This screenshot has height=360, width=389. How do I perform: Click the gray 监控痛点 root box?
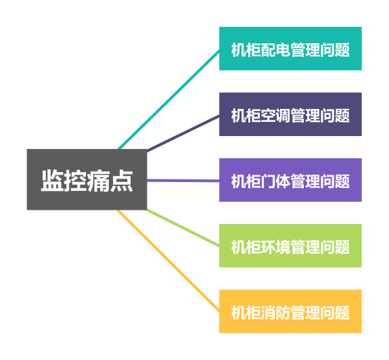87,179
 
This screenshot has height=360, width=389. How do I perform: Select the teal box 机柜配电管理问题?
290,49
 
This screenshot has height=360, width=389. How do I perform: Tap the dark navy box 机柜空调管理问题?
290,114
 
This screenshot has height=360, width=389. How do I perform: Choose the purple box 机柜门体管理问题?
290,180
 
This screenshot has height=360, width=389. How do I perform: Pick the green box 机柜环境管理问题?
290,246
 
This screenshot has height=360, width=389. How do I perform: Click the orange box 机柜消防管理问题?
290,311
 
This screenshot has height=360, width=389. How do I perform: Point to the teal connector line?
168,99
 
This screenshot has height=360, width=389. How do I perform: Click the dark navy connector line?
183,133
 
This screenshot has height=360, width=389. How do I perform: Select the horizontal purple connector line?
183,181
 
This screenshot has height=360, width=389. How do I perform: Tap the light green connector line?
183,228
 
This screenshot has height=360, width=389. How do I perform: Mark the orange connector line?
168,261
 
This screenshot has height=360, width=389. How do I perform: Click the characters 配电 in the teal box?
275,50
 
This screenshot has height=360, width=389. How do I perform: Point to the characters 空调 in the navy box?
275,116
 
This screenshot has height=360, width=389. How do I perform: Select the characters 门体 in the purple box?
275,181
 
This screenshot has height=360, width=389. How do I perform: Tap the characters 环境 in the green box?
275,247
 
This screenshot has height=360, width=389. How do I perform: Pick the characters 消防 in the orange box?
275,313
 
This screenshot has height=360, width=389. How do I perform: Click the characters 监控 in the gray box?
64,181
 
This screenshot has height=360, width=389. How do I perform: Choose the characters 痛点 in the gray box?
110,181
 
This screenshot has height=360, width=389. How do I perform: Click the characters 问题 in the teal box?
335,50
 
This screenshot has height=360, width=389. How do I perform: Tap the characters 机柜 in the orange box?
246,313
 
